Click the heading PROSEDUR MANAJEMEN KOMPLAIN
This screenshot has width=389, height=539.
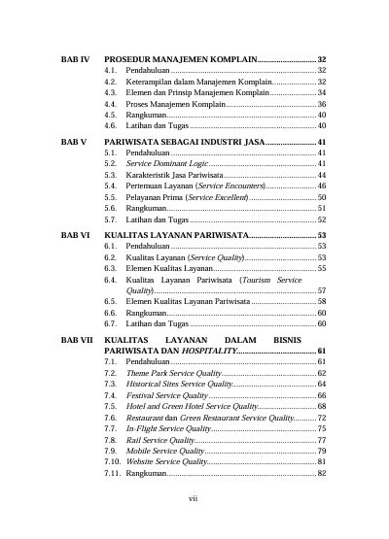(x=180, y=60)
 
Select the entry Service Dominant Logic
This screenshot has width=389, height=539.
(x=167, y=165)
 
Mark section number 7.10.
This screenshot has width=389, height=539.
(x=112, y=461)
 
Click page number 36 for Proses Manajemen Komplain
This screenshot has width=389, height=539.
(x=321, y=104)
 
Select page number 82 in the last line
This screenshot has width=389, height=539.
(x=321, y=473)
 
